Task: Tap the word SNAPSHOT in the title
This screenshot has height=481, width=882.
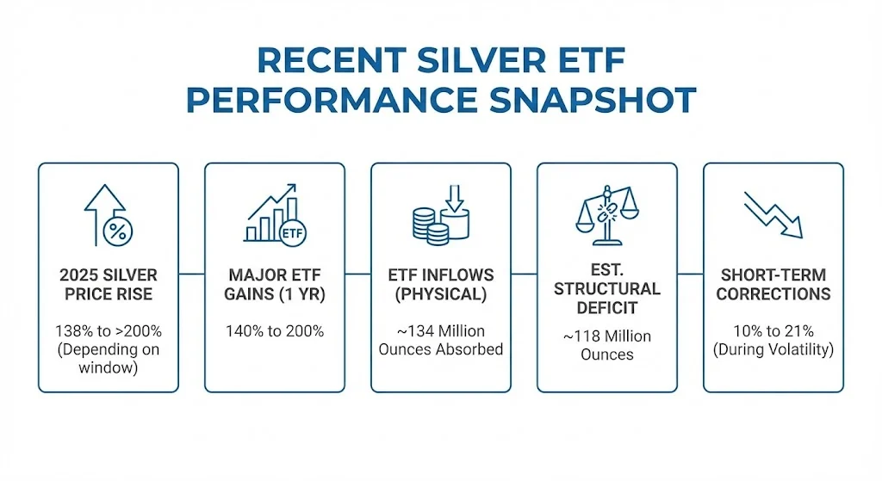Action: pyautogui.click(x=593, y=102)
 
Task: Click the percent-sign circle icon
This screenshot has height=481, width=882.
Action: pyautogui.click(x=118, y=231)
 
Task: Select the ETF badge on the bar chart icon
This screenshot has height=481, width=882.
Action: pyautogui.click(x=292, y=233)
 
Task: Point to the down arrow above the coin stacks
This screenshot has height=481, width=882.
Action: pyautogui.click(x=455, y=198)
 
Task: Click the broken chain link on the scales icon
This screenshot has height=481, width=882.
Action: pyautogui.click(x=606, y=213)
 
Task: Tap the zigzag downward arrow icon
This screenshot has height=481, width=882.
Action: pyautogui.click(x=773, y=214)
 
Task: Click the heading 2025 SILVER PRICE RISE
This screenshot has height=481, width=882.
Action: pyautogui.click(x=109, y=284)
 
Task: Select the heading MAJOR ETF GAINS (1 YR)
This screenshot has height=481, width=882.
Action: pyautogui.click(x=275, y=284)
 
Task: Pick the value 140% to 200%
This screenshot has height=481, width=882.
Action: pyautogui.click(x=275, y=331)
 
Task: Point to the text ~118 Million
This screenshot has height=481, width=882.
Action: pyautogui.click(x=607, y=336)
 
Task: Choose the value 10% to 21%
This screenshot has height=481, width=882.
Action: pyautogui.click(x=773, y=331)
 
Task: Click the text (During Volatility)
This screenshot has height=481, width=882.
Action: pyautogui.click(x=773, y=349)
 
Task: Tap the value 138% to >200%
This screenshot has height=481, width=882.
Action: pyautogui.click(x=109, y=331)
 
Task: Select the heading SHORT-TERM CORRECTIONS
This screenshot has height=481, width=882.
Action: pyautogui.click(x=773, y=284)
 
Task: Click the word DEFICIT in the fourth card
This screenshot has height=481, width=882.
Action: pyautogui.click(x=607, y=308)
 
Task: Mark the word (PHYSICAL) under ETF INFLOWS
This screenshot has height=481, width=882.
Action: pyautogui.click(x=440, y=294)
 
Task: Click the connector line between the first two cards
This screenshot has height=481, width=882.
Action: pyautogui.click(x=191, y=274)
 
